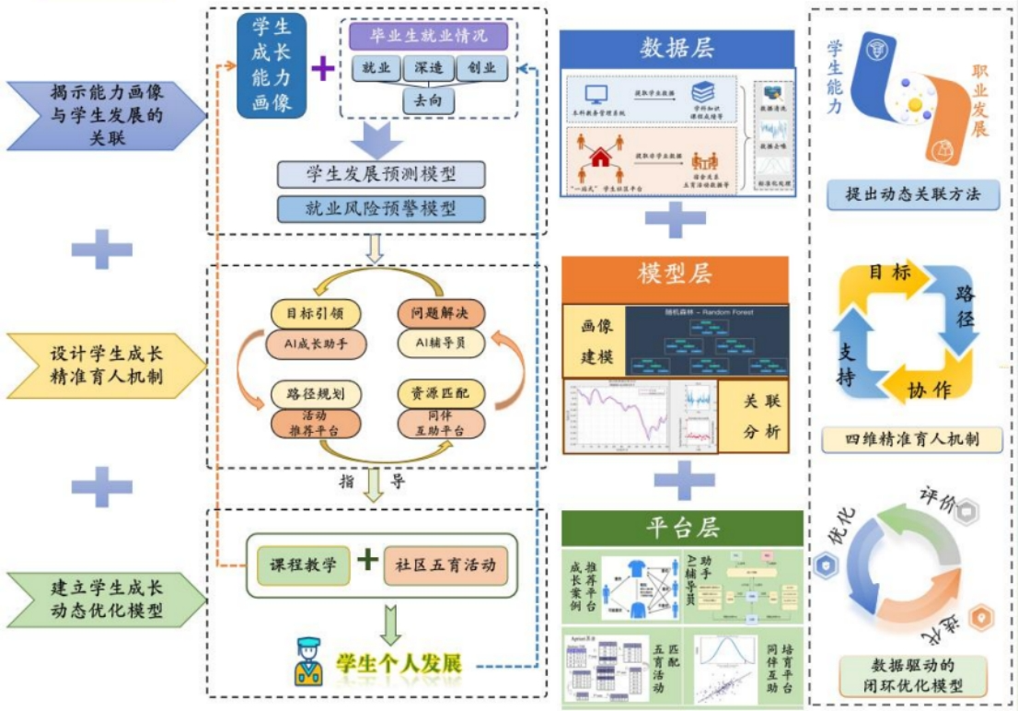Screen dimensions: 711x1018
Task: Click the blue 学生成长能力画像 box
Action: click(x=272, y=65)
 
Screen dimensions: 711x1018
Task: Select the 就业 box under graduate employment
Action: click(x=376, y=68)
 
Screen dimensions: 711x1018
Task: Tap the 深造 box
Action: click(x=429, y=68)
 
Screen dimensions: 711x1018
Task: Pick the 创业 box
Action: click(x=481, y=68)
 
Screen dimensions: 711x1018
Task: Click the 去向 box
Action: click(x=429, y=99)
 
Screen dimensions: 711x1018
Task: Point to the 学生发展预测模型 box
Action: click(x=380, y=174)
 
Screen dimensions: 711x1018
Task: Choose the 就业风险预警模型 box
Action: click(x=380, y=208)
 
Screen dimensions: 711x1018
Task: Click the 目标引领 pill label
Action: click(x=315, y=313)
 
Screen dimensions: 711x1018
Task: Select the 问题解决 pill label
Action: click(x=438, y=313)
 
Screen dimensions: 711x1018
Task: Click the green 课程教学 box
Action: click(x=302, y=564)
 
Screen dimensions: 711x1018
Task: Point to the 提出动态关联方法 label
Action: click(x=913, y=195)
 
